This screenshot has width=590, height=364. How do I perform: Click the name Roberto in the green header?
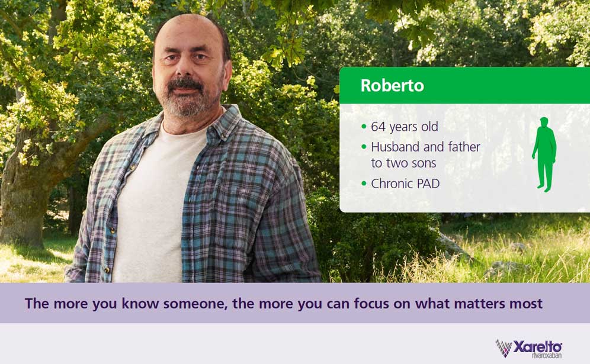tap(392, 85)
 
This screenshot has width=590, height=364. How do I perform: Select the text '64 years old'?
tap(405, 127)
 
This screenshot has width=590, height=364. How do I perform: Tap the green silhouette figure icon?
tap(544, 154)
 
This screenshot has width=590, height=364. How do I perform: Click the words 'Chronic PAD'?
tap(405, 183)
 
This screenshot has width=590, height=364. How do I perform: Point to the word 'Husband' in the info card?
tap(394, 146)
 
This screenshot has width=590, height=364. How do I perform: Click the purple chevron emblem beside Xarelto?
tap(504, 347)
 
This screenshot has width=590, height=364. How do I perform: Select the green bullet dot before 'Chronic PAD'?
tap(364, 184)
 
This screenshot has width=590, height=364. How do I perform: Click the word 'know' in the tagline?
tap(122, 304)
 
